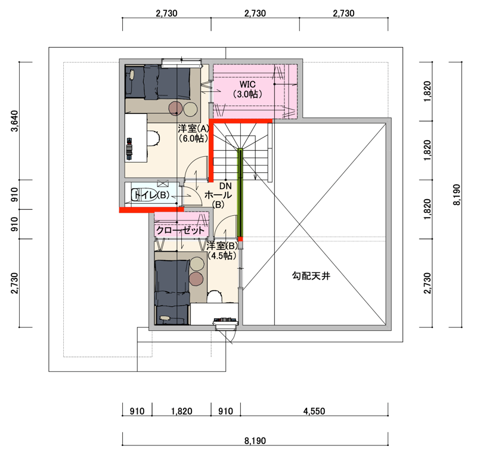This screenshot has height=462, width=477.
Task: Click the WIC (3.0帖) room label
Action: point(247,89)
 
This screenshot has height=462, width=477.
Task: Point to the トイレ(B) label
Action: point(151,195)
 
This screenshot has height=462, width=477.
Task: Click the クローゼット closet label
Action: point(180,230)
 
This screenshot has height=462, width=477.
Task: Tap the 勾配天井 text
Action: point(311,276)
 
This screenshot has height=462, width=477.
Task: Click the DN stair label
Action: point(225,186)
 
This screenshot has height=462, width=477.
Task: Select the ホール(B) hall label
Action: point(218,200)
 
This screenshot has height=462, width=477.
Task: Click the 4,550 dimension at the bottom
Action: point(314,411)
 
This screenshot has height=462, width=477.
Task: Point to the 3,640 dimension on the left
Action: point(14,121)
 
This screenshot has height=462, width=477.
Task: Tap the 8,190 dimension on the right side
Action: point(457,195)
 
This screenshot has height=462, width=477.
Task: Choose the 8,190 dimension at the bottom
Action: point(255,441)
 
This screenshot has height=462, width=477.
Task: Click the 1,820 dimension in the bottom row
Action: point(182,411)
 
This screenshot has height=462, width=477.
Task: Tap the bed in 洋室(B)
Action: point(172,292)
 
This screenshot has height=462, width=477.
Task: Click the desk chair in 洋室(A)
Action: point(154,138)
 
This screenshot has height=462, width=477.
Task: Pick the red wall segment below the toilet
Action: point(151,210)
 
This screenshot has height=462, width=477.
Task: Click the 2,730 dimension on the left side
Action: point(14,283)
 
